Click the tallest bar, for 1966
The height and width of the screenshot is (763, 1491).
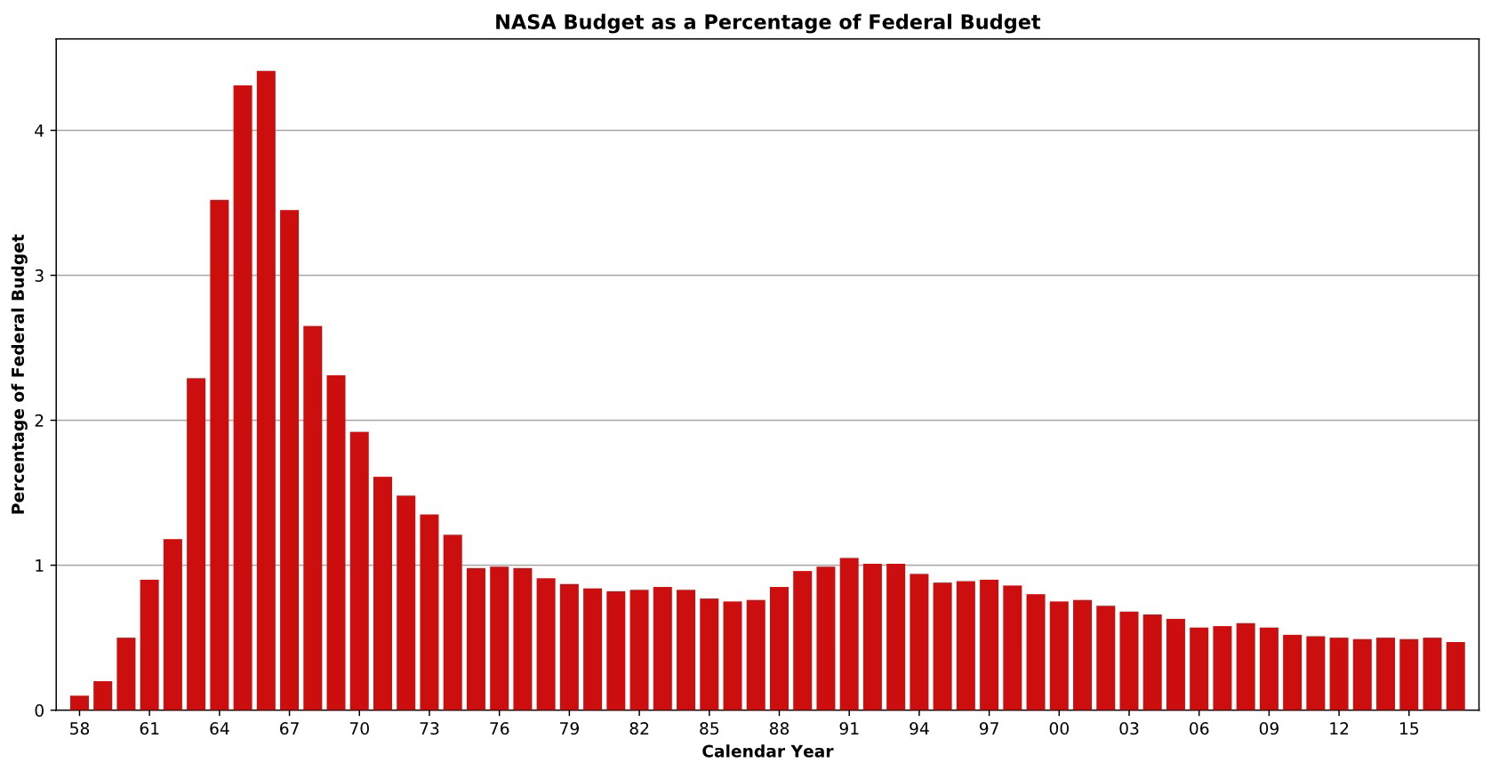click(x=266, y=391)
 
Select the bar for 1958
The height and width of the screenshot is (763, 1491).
click(x=79, y=703)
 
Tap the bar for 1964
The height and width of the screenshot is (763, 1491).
click(x=220, y=455)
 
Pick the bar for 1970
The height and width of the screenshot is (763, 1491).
click(x=359, y=571)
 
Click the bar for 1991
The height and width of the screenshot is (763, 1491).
click(x=849, y=634)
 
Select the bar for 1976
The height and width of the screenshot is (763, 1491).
click(x=499, y=639)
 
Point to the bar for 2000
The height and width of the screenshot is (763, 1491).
click(x=1059, y=656)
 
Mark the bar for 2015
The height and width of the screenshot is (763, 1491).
click(x=1408, y=675)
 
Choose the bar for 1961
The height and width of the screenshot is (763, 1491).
click(x=149, y=645)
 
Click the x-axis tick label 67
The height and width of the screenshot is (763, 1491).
click(x=289, y=730)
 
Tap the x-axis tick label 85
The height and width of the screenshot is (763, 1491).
click(x=709, y=730)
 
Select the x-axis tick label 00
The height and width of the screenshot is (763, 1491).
click(x=1059, y=730)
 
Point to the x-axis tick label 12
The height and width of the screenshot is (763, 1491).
click(x=1338, y=730)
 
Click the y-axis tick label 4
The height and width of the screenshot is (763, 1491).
click(x=39, y=131)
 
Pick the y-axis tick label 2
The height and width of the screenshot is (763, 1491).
click(x=39, y=421)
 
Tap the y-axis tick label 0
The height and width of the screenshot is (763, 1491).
click(x=39, y=711)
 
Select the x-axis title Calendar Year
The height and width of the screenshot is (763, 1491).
click(x=767, y=752)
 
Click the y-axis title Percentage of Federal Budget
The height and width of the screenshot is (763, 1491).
click(x=19, y=374)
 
